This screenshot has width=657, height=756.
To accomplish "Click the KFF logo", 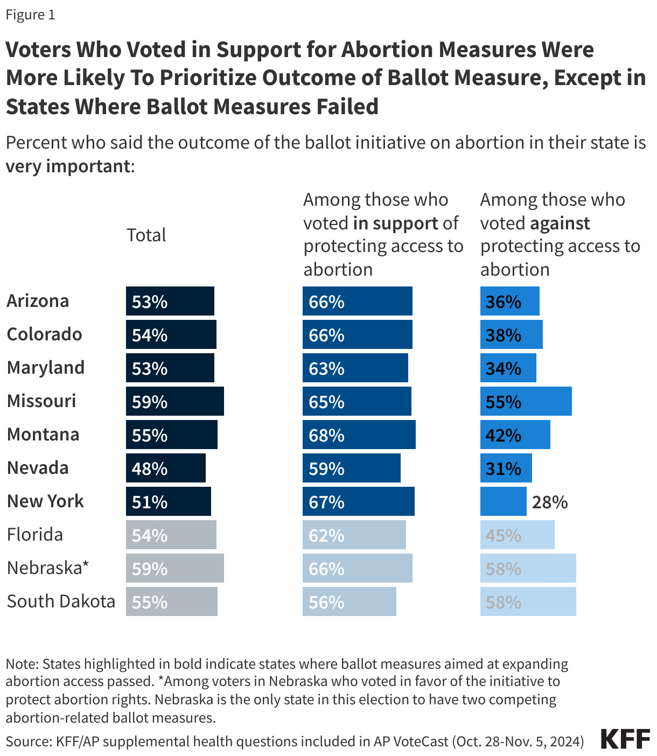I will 625,739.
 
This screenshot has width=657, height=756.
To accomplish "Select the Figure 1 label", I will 30,15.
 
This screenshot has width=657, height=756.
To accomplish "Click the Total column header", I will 146,235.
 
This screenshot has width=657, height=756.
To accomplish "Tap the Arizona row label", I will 38,300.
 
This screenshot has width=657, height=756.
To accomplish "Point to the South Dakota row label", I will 61,601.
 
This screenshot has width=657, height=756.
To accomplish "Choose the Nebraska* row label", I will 47,568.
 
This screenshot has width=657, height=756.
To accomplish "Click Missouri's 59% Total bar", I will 174,401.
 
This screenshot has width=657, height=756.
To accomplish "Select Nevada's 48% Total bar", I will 165,468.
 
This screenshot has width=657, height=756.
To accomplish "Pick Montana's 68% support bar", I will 359,435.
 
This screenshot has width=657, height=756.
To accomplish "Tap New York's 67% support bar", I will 358,501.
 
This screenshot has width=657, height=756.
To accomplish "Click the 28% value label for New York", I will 550,502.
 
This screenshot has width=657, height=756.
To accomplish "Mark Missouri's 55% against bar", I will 526,401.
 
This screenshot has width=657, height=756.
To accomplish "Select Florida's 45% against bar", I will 517,535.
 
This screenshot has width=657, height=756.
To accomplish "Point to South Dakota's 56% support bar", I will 349,601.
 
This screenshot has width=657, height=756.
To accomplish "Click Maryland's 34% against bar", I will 508,368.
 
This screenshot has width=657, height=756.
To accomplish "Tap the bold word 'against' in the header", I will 560,223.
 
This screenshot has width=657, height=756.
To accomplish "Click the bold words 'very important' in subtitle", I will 68,166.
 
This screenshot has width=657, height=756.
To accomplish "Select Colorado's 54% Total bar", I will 171,334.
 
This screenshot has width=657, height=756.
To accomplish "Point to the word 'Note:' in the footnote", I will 22,664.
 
